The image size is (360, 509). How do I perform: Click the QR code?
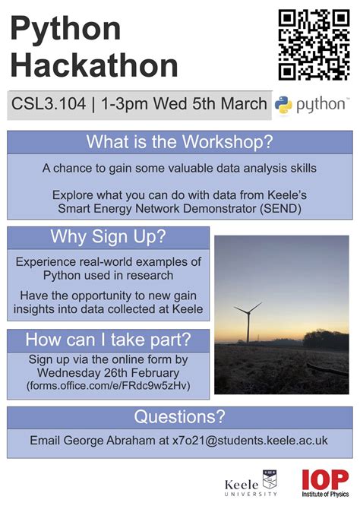312,44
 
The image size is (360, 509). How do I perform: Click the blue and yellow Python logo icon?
284,104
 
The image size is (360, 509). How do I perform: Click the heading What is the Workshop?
179,142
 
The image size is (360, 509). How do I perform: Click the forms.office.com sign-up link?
107,386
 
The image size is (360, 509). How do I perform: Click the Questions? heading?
179,416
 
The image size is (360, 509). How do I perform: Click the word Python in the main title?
65,30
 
